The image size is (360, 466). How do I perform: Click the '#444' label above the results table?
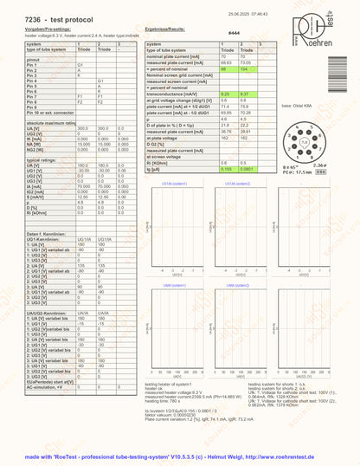232,31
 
